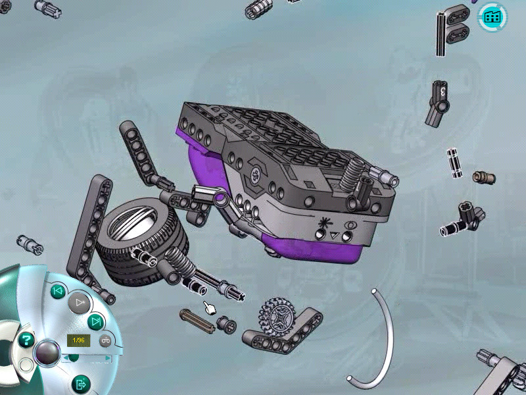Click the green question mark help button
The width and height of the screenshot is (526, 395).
(x=26, y=340)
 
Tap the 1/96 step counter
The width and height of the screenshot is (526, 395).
(x=78, y=340)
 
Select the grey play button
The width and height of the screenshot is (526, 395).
(x=79, y=303)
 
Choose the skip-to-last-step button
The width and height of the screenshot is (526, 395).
(x=95, y=322)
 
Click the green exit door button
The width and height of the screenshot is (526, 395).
(x=81, y=384)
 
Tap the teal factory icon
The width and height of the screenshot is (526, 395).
(x=492, y=17)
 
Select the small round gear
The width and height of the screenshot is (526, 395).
(x=277, y=317)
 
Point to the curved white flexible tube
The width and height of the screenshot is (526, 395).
(x=389, y=339)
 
